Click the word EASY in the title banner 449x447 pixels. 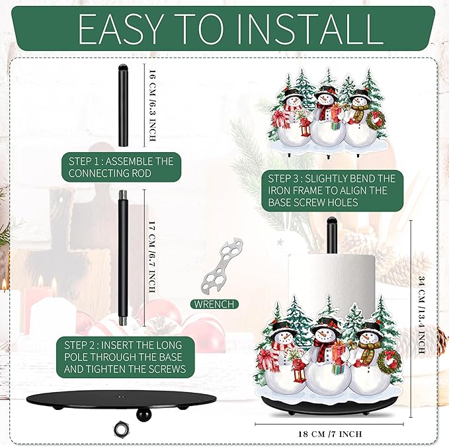(120, 28)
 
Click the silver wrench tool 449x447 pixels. (223, 264)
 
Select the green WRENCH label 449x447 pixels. (214, 304)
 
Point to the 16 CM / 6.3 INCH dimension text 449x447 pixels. (152, 105)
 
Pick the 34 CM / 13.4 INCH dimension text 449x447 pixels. (421, 314)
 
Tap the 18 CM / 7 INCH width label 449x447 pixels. (330, 434)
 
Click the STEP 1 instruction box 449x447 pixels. (122, 167)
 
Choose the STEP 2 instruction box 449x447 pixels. (125, 357)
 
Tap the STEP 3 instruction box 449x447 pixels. (332, 190)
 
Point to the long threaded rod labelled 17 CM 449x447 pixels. (123, 258)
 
